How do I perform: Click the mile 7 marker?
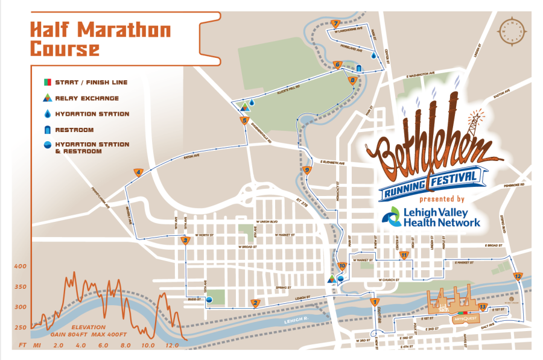click(x=335, y=24)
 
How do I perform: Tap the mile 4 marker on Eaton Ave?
click(x=139, y=172)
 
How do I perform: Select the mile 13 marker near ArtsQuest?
click(x=481, y=307)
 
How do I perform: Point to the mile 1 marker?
click(x=375, y=302)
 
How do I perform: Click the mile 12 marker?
click(x=517, y=276)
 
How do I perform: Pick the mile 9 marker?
click(x=307, y=170)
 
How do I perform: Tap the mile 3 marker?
click(x=186, y=241)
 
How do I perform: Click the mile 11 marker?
click(x=404, y=255)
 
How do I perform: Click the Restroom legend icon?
click(x=46, y=129)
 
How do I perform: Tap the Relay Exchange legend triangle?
click(x=46, y=98)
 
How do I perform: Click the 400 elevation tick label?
click(x=21, y=266)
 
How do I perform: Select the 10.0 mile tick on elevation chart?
click(x=148, y=346)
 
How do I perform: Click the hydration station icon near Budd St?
click(x=209, y=299)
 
